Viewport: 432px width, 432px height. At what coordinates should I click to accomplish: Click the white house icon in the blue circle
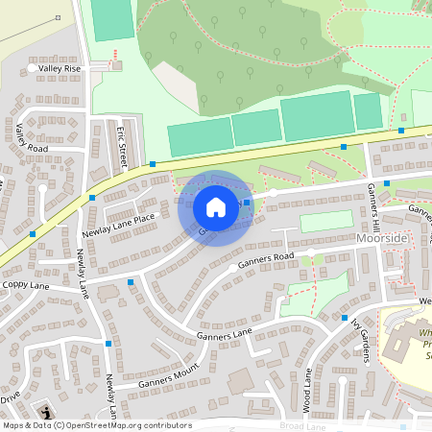pyautogui.click(x=216, y=206)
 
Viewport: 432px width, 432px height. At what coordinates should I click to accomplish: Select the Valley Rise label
pyautogui.click(x=60, y=69)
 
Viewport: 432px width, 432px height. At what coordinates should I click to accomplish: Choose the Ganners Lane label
pyautogui.click(x=224, y=333)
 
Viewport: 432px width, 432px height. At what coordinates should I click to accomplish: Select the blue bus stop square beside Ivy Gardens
pyautogui.click(x=345, y=318)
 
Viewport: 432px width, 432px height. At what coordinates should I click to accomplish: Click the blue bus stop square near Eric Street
pyautogui.click(x=153, y=164)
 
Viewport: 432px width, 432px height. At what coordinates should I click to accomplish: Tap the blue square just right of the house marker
pyautogui.click(x=247, y=203)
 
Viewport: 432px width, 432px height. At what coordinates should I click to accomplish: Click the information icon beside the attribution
pyautogui.click(x=45, y=412)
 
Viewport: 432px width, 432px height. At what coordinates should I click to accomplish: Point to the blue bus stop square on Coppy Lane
pyautogui.click(x=131, y=283)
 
